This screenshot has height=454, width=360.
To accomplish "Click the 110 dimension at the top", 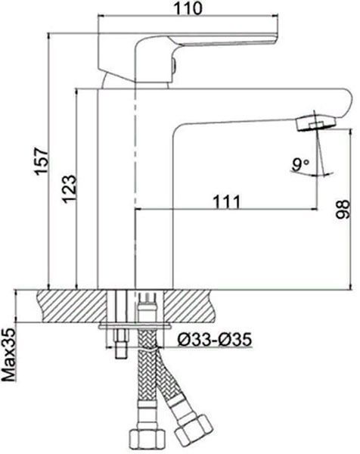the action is click(x=188, y=8).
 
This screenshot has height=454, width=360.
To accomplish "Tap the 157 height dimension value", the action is click(x=42, y=161).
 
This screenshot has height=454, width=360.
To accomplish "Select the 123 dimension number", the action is click(x=70, y=188).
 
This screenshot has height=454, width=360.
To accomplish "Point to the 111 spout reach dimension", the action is click(x=227, y=201).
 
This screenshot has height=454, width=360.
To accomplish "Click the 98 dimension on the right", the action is click(x=343, y=209).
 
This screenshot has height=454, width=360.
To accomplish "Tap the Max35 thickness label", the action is click(x=8, y=355).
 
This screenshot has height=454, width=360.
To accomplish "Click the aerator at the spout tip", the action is click(x=316, y=123).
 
